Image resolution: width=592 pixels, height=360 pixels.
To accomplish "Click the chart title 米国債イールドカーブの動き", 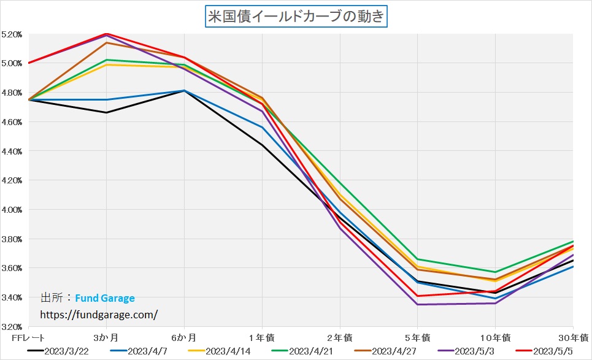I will tap(296, 16).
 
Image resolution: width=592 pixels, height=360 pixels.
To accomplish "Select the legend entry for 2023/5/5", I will tap(550, 351).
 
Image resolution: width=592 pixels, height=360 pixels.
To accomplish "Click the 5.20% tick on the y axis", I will tap(12, 34).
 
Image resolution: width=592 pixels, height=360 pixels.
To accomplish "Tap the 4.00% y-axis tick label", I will tap(12, 210).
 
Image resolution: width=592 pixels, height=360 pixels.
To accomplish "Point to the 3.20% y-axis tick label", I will tap(12, 326).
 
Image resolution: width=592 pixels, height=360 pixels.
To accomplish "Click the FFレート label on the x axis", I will tap(28, 337).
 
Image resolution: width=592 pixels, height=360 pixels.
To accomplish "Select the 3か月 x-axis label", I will tap(106, 337).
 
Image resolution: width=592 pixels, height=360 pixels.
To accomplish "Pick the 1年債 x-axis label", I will tap(262, 337).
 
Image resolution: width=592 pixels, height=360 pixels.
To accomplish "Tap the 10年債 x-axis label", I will tap(495, 337).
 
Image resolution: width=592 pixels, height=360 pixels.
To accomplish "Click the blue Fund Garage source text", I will tap(105, 299).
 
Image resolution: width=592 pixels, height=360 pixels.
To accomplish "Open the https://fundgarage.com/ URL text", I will tap(99, 314).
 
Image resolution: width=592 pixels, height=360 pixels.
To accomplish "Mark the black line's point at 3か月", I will tap(106, 112).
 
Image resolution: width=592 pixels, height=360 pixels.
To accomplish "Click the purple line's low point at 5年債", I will tap(418, 304).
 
